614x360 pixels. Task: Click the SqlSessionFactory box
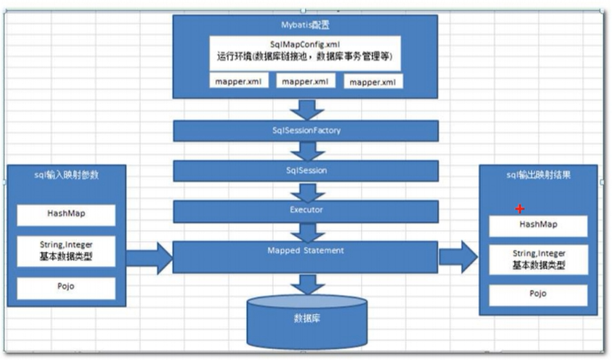(306, 131)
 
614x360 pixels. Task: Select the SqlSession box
(306, 171)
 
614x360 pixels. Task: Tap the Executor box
(306, 211)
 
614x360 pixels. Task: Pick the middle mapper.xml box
(305, 81)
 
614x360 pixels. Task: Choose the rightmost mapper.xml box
(373, 82)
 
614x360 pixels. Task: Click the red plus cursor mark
(520, 209)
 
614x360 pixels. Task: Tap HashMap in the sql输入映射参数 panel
(66, 215)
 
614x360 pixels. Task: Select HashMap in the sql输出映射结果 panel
(538, 225)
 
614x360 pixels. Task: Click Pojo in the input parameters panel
(66, 288)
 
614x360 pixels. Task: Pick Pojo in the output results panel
(538, 294)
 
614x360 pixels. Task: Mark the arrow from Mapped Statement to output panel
(458, 258)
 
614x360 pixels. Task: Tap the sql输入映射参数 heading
(66, 175)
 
